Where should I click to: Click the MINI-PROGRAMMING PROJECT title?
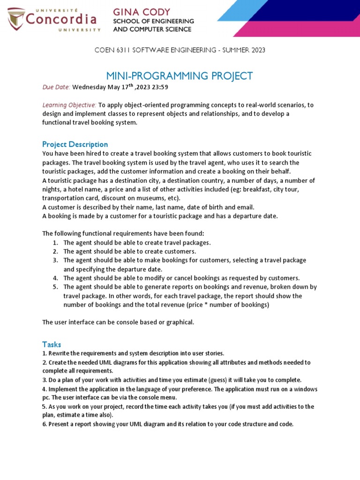(180, 76)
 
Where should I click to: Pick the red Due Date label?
(56, 87)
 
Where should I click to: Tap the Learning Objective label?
(69, 105)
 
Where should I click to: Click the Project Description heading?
(75, 144)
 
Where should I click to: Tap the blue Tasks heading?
(52, 345)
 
